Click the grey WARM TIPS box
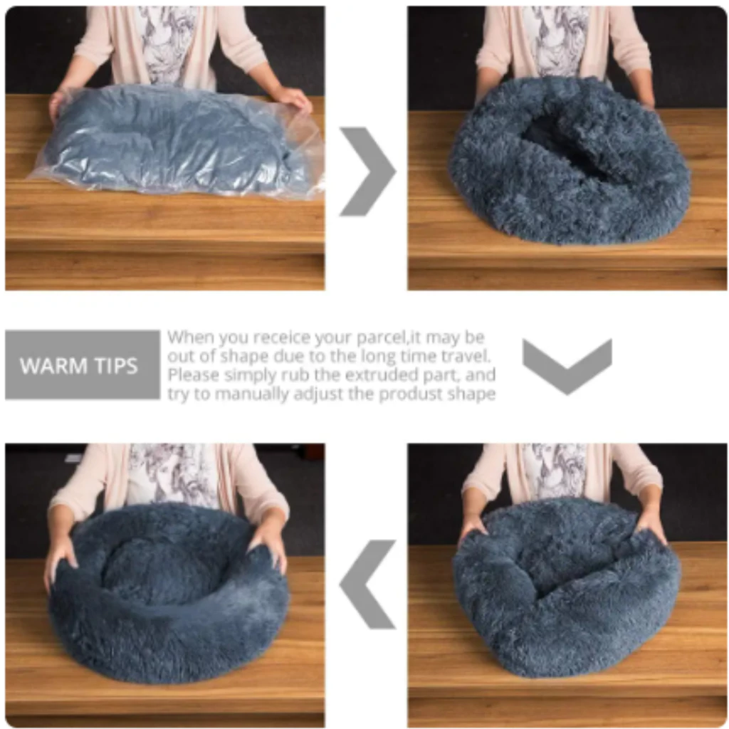83,365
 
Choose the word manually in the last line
251,394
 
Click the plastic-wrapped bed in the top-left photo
177,142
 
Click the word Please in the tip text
193,375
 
